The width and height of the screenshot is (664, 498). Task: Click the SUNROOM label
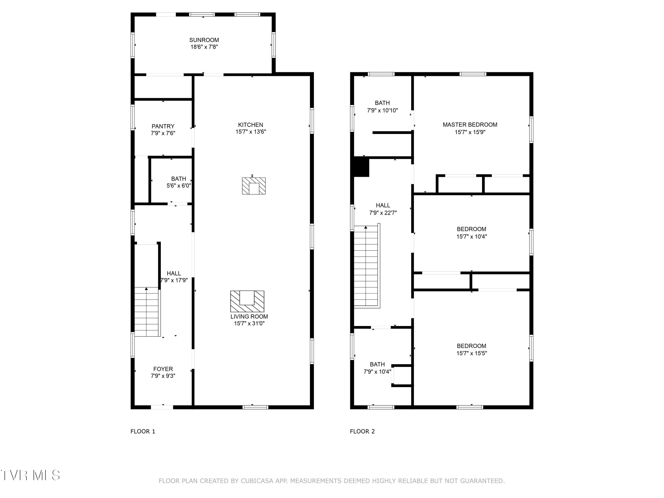[x=204, y=40]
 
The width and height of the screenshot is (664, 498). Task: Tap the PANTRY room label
[x=163, y=126]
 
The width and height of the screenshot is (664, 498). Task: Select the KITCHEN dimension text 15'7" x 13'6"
[x=251, y=132]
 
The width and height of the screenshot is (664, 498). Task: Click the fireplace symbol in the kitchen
[x=254, y=186]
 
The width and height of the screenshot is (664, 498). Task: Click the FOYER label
[x=163, y=369]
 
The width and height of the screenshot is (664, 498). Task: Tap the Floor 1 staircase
[x=147, y=312]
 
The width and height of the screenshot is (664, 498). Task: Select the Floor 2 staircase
[x=367, y=266]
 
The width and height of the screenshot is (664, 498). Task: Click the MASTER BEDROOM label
[x=470, y=125]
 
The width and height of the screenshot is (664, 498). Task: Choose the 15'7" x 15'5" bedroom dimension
[x=472, y=353]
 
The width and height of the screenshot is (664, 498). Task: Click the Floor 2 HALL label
[x=383, y=205]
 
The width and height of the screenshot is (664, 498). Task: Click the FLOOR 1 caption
[x=143, y=431]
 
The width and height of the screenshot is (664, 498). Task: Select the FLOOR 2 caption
[x=362, y=431]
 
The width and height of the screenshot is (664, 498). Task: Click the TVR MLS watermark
[x=30, y=475]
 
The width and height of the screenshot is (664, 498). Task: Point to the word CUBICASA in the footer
[x=257, y=481]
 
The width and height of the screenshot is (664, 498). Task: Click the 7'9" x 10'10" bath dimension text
[x=382, y=110]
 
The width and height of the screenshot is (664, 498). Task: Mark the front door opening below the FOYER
[x=162, y=407]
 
